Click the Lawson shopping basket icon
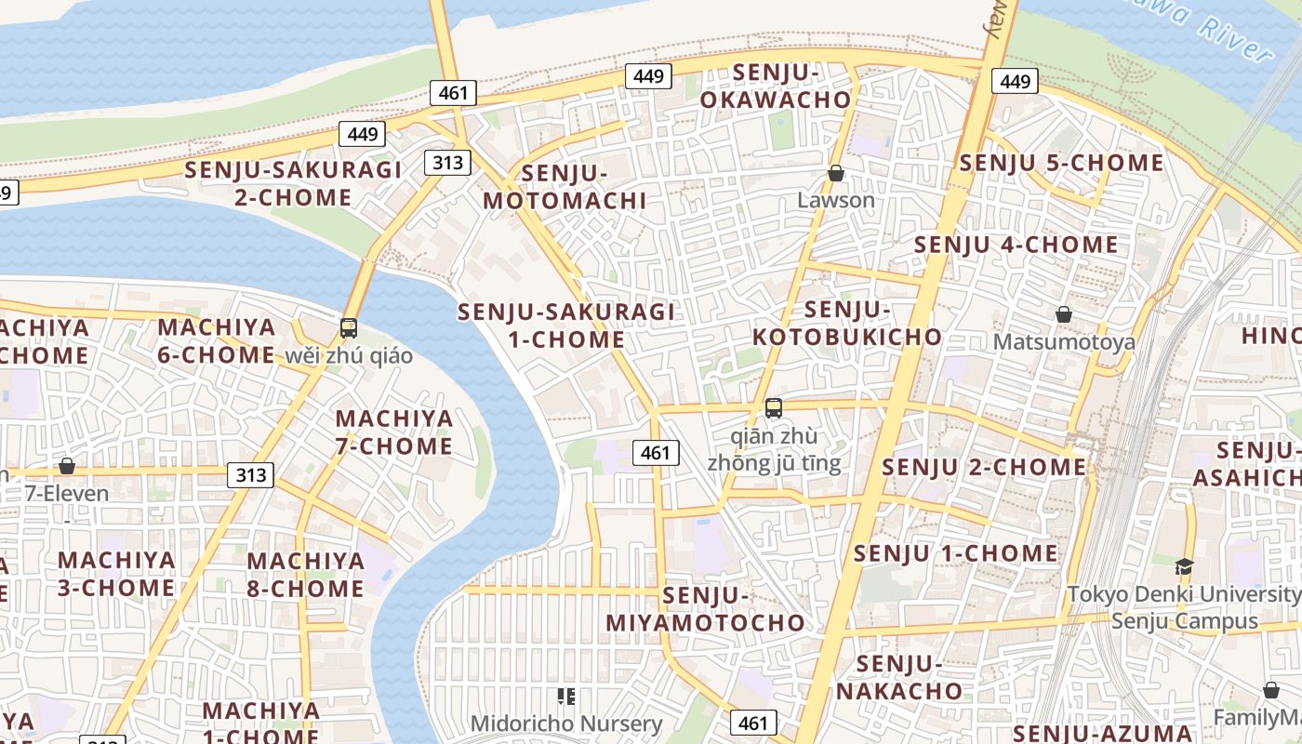[x=836, y=173]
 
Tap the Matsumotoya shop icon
[x=1064, y=314]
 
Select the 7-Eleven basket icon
[x=67, y=465]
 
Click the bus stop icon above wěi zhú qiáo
[x=349, y=327]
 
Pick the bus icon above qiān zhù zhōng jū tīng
[x=774, y=407]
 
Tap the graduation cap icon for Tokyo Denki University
[x=1184, y=566]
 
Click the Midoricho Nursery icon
[x=566, y=696]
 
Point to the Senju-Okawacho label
[x=776, y=86]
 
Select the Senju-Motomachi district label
[x=565, y=186]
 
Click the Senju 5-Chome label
[x=1061, y=163]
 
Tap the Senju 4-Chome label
[x=1016, y=245]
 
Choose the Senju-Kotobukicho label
[x=847, y=323]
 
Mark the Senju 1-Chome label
[x=956, y=553]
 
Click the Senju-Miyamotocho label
[x=706, y=608]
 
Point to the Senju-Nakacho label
[x=898, y=677]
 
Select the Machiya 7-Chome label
[x=394, y=432]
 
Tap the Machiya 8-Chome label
[x=305, y=575]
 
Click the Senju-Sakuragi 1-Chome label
[x=566, y=325]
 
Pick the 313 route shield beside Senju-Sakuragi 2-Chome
[x=447, y=163]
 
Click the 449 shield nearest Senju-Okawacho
[x=647, y=75]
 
